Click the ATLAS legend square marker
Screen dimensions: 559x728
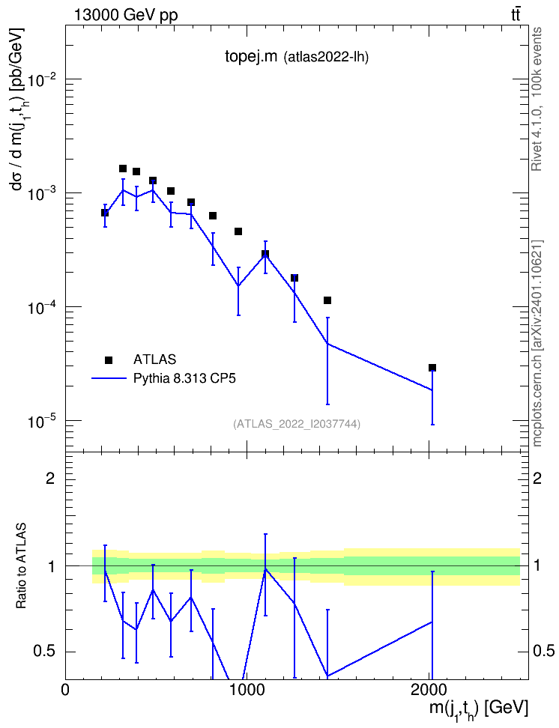pos(109,360)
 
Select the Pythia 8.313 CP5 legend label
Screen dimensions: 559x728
pos(184,378)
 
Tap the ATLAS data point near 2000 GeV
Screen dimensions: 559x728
pos(432,368)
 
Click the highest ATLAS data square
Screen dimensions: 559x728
pos(123,169)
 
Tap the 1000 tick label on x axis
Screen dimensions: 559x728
pos(245,689)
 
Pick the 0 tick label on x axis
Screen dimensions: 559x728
pos(65,689)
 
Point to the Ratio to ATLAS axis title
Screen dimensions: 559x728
pos(21,566)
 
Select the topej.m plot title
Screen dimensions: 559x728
pos(251,57)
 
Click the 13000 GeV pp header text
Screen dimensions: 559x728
pos(125,16)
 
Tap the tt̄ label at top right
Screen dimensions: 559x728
pos(516,15)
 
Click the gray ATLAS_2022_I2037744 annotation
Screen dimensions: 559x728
pos(297,424)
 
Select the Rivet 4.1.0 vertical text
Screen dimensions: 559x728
pos(537,99)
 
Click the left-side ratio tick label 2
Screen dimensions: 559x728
pos(49,478)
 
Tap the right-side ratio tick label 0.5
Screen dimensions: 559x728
pos(543,652)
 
